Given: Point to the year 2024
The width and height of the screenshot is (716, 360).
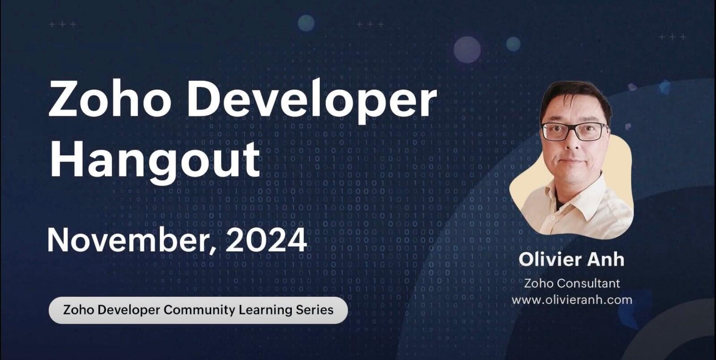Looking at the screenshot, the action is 266,240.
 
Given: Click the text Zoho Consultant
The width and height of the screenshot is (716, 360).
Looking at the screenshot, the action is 571,283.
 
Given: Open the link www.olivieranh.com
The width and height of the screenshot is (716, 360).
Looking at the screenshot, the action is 571,300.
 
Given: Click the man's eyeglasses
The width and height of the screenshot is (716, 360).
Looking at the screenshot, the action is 575,131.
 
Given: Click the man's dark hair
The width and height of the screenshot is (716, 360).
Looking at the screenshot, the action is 575,96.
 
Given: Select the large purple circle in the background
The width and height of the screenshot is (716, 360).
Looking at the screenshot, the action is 467,50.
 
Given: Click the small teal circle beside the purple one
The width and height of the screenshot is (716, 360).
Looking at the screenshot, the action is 513,44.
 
